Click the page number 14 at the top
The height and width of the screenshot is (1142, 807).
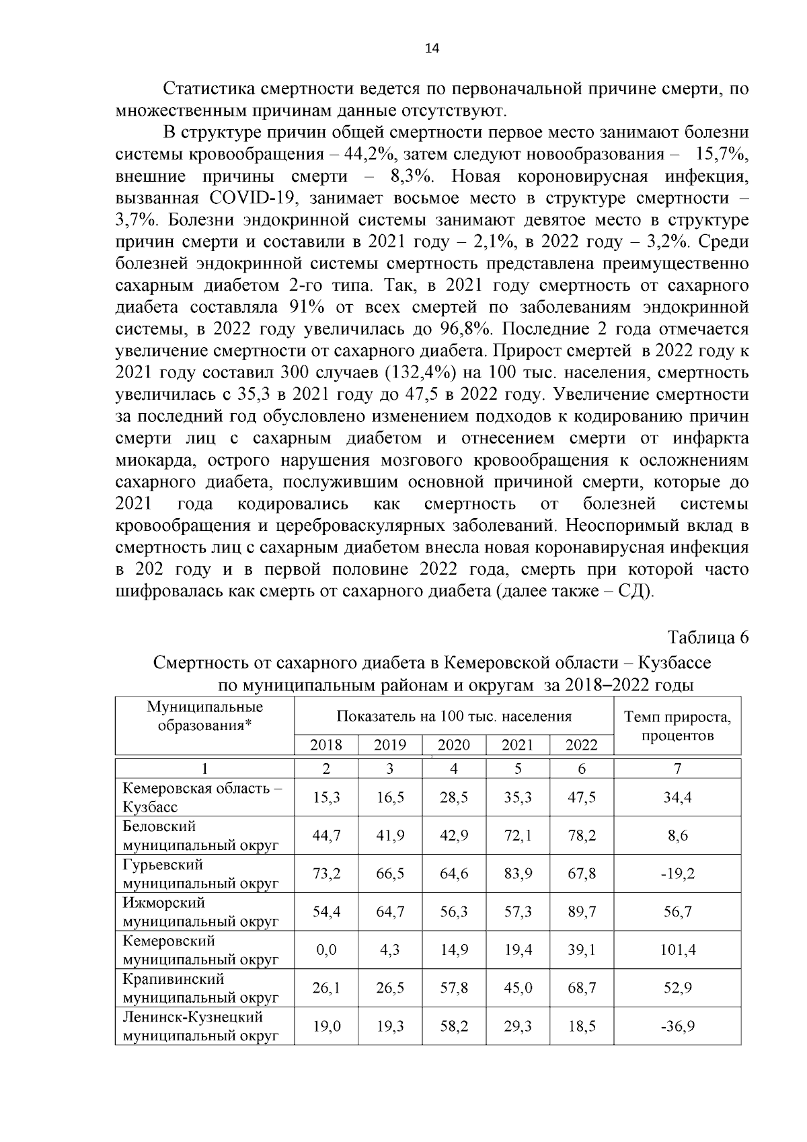(x=432, y=48)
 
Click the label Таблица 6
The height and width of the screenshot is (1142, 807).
(x=707, y=637)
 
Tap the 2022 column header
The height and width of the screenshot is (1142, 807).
(x=581, y=745)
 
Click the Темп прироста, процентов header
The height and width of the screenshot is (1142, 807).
(x=677, y=726)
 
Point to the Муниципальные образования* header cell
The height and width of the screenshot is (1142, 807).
(x=205, y=716)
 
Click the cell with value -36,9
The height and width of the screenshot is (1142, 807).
(x=677, y=1026)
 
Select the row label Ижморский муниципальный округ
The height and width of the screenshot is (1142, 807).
(x=200, y=912)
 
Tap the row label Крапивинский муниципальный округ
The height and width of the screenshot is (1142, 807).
(x=200, y=988)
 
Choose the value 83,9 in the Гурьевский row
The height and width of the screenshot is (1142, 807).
(x=518, y=873)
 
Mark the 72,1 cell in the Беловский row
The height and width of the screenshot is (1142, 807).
(x=518, y=835)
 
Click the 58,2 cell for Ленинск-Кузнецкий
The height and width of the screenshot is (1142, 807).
(x=454, y=1026)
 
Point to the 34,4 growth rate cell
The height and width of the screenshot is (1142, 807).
(x=677, y=797)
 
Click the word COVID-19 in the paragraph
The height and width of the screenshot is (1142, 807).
(x=254, y=199)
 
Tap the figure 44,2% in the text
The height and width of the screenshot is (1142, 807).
(x=369, y=155)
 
